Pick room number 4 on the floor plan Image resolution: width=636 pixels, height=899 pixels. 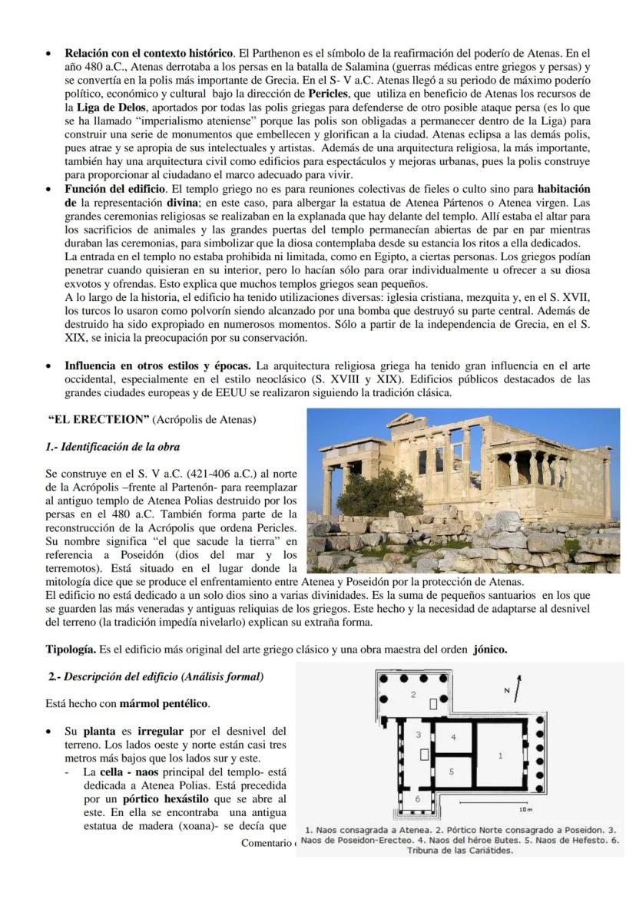(453, 737)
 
